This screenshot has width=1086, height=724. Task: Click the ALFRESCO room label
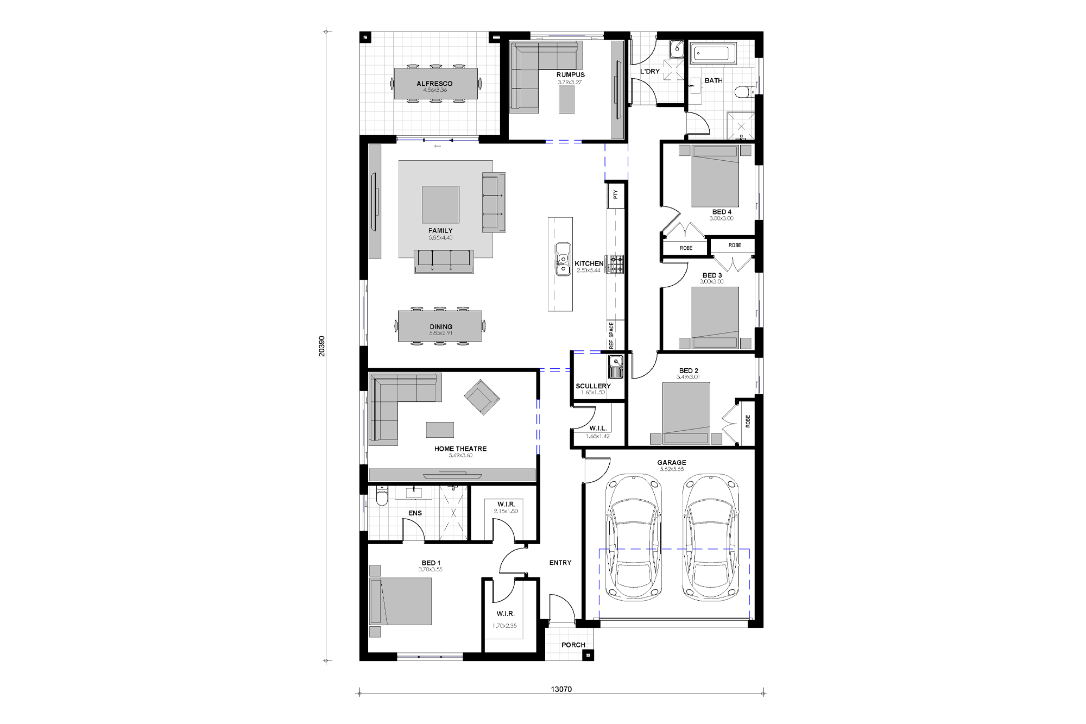point(434,84)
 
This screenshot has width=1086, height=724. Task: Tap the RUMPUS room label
point(570,75)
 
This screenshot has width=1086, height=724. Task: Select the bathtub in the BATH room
point(712,54)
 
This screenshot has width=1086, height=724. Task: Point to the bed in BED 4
point(715,177)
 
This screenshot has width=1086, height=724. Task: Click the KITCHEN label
point(589,263)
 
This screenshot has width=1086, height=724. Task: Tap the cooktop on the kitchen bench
point(615,265)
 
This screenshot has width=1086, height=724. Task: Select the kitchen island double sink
point(563,260)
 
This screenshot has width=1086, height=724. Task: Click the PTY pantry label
point(615,194)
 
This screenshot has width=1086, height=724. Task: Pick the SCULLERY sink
point(615,366)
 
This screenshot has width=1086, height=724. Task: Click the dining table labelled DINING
point(440,326)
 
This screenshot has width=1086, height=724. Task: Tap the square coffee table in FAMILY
point(440,204)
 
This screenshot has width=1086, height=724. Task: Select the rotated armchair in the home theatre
point(482,397)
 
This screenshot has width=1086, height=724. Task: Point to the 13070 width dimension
point(561,689)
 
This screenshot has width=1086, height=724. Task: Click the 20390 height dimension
point(321,346)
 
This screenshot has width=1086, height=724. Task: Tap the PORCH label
point(573,645)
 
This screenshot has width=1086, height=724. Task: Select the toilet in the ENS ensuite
point(381,496)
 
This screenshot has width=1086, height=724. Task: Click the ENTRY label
point(560,563)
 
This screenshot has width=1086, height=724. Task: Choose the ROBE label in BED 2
point(748,421)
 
